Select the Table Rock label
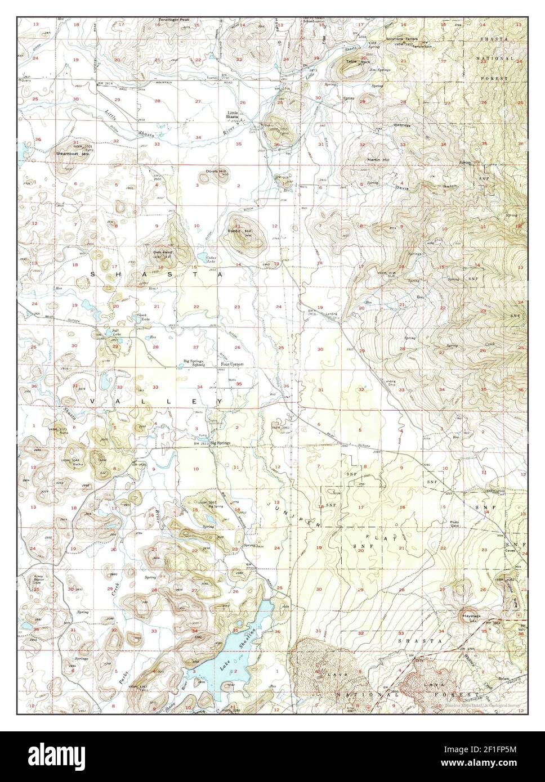pyautogui.click(x=352, y=61)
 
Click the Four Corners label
pyautogui.click(x=232, y=364)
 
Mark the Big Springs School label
pyautogui.click(x=194, y=362)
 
